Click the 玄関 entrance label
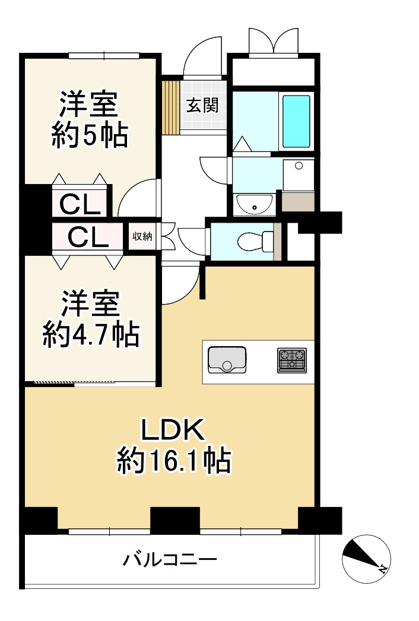click(x=203, y=106)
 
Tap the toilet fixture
click(x=253, y=241)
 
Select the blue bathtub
click(x=296, y=121)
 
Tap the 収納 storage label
click(x=142, y=236)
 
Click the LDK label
click(x=172, y=430)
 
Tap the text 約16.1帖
click(x=173, y=461)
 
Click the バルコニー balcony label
click(x=170, y=559)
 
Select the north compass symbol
click(x=365, y=559)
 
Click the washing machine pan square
click(x=299, y=175)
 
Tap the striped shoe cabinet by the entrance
click(x=171, y=107)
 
